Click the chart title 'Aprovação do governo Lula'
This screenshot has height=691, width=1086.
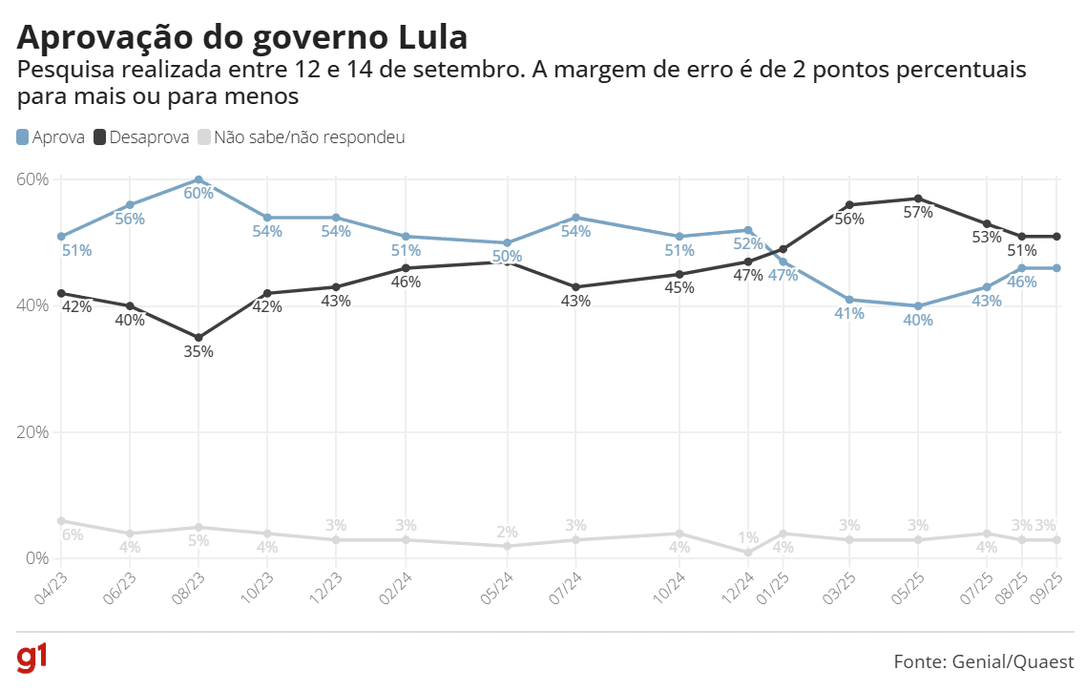[x=242, y=37]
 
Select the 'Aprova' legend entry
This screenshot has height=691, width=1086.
[x=52, y=137]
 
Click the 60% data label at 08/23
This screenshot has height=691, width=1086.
[x=198, y=193]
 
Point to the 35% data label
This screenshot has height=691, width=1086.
[x=198, y=351]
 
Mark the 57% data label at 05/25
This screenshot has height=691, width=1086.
[x=917, y=213]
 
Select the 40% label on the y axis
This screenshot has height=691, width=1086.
[x=32, y=305]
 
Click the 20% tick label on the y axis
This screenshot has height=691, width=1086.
[x=32, y=431]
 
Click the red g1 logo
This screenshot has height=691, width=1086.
[x=32, y=660]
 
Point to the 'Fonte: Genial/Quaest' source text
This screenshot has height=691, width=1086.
[x=984, y=661]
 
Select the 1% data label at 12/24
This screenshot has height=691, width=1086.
[x=748, y=537]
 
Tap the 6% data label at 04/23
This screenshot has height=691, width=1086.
[x=73, y=535]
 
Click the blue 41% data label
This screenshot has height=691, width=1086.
[x=848, y=314]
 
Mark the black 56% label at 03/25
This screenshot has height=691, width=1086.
[x=848, y=219]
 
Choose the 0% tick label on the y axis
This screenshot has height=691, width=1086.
[x=36, y=557]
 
